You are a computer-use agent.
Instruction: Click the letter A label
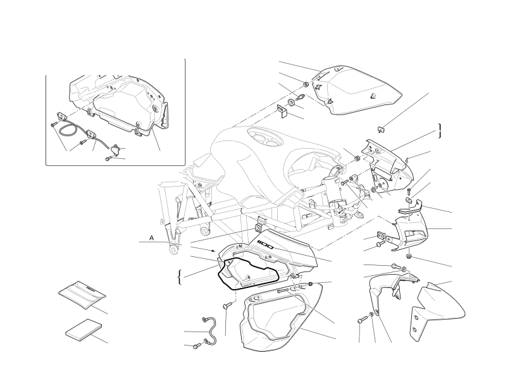click(x=152, y=239)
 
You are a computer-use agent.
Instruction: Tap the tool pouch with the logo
click(x=82, y=294)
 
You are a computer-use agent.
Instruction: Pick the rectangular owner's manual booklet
click(x=84, y=329)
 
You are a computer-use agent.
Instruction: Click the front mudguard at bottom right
click(x=438, y=308)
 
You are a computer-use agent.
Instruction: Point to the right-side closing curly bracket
click(x=440, y=130)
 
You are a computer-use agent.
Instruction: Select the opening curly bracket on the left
click(x=180, y=277)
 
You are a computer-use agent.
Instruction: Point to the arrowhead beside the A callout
click(x=213, y=251)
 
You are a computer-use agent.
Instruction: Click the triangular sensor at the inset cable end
click(x=116, y=149)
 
